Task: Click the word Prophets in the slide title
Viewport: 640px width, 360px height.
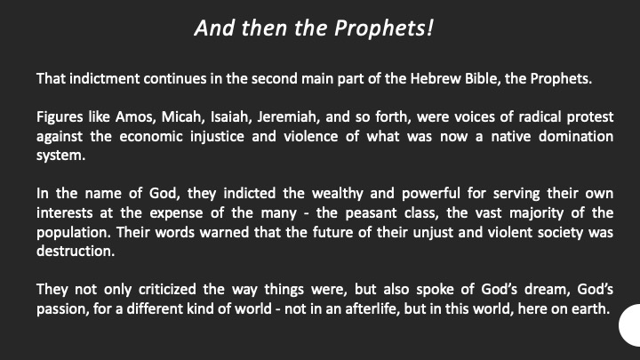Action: (x=384, y=28)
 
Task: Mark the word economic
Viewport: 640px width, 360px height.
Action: (x=151, y=136)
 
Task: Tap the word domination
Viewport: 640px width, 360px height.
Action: (x=576, y=136)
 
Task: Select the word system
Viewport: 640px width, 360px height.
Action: (x=60, y=156)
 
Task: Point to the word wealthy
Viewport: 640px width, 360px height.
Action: (x=338, y=193)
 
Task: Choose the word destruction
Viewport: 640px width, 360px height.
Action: (x=76, y=251)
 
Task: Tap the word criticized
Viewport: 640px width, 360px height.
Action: (x=167, y=290)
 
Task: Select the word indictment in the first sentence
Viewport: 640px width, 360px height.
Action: (x=105, y=78)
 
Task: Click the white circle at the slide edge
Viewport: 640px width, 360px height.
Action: (x=630, y=325)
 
